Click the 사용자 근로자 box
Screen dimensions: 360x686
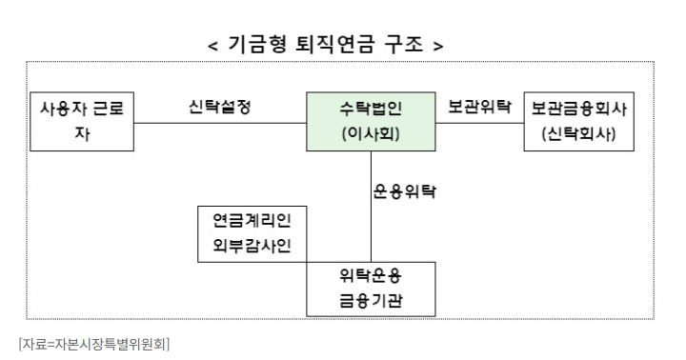82,122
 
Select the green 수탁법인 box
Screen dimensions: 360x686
371,122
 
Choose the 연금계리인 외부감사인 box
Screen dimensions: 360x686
252,233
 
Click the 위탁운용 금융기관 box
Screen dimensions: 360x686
371,289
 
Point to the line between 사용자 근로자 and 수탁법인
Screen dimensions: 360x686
219,123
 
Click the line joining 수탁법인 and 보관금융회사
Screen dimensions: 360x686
479,123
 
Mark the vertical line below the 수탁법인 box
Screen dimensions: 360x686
371,205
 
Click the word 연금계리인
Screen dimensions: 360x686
252,221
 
